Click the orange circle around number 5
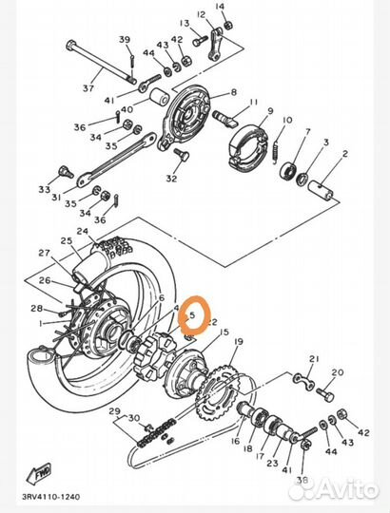coord(194,311)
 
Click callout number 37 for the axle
coord(88,89)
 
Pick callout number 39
coord(125,39)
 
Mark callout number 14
coord(222,7)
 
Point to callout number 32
coord(171,178)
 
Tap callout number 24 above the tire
coord(83,232)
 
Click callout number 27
coord(44,253)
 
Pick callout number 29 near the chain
coord(115,411)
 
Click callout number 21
coord(314,358)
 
